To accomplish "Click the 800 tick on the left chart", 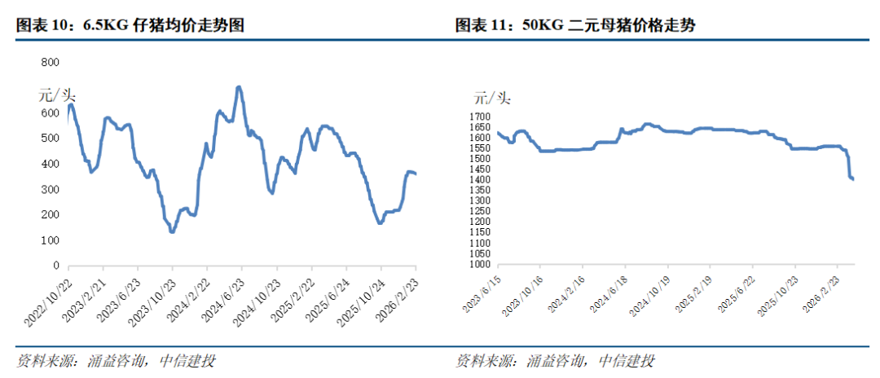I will [x=50, y=63].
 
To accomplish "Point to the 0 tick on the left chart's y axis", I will [x=55, y=266].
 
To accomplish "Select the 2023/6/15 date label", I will [x=480, y=291].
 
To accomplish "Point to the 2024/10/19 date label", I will [x=649, y=292].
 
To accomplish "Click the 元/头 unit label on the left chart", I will [x=57, y=94].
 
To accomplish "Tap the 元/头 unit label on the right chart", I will [x=492, y=99].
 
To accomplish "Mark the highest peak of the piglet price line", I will [x=238, y=86].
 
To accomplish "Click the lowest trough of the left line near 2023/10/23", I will [x=172, y=231].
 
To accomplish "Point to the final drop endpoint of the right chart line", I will [x=852, y=179].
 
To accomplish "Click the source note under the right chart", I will [x=554, y=361].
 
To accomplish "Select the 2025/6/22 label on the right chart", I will [x=734, y=292].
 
